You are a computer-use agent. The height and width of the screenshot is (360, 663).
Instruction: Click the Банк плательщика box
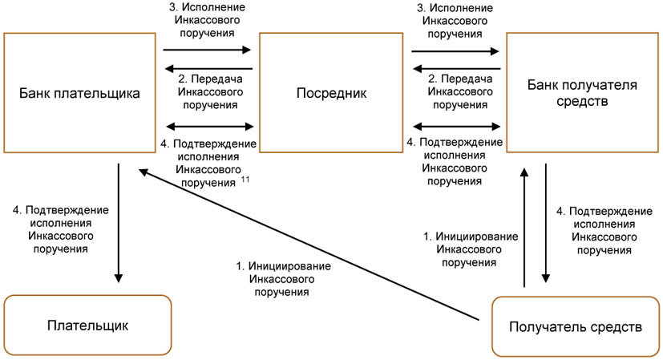(79, 93)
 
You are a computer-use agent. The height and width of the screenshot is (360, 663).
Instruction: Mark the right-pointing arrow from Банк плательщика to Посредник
(208, 50)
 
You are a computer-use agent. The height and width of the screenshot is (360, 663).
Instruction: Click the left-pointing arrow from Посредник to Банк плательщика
(208, 71)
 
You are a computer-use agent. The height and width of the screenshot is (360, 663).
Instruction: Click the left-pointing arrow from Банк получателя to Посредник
(455, 71)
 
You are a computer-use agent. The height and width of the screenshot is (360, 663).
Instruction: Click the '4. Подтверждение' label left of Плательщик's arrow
(61, 229)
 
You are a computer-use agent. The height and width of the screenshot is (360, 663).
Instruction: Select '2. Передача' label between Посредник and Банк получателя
(455, 92)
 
